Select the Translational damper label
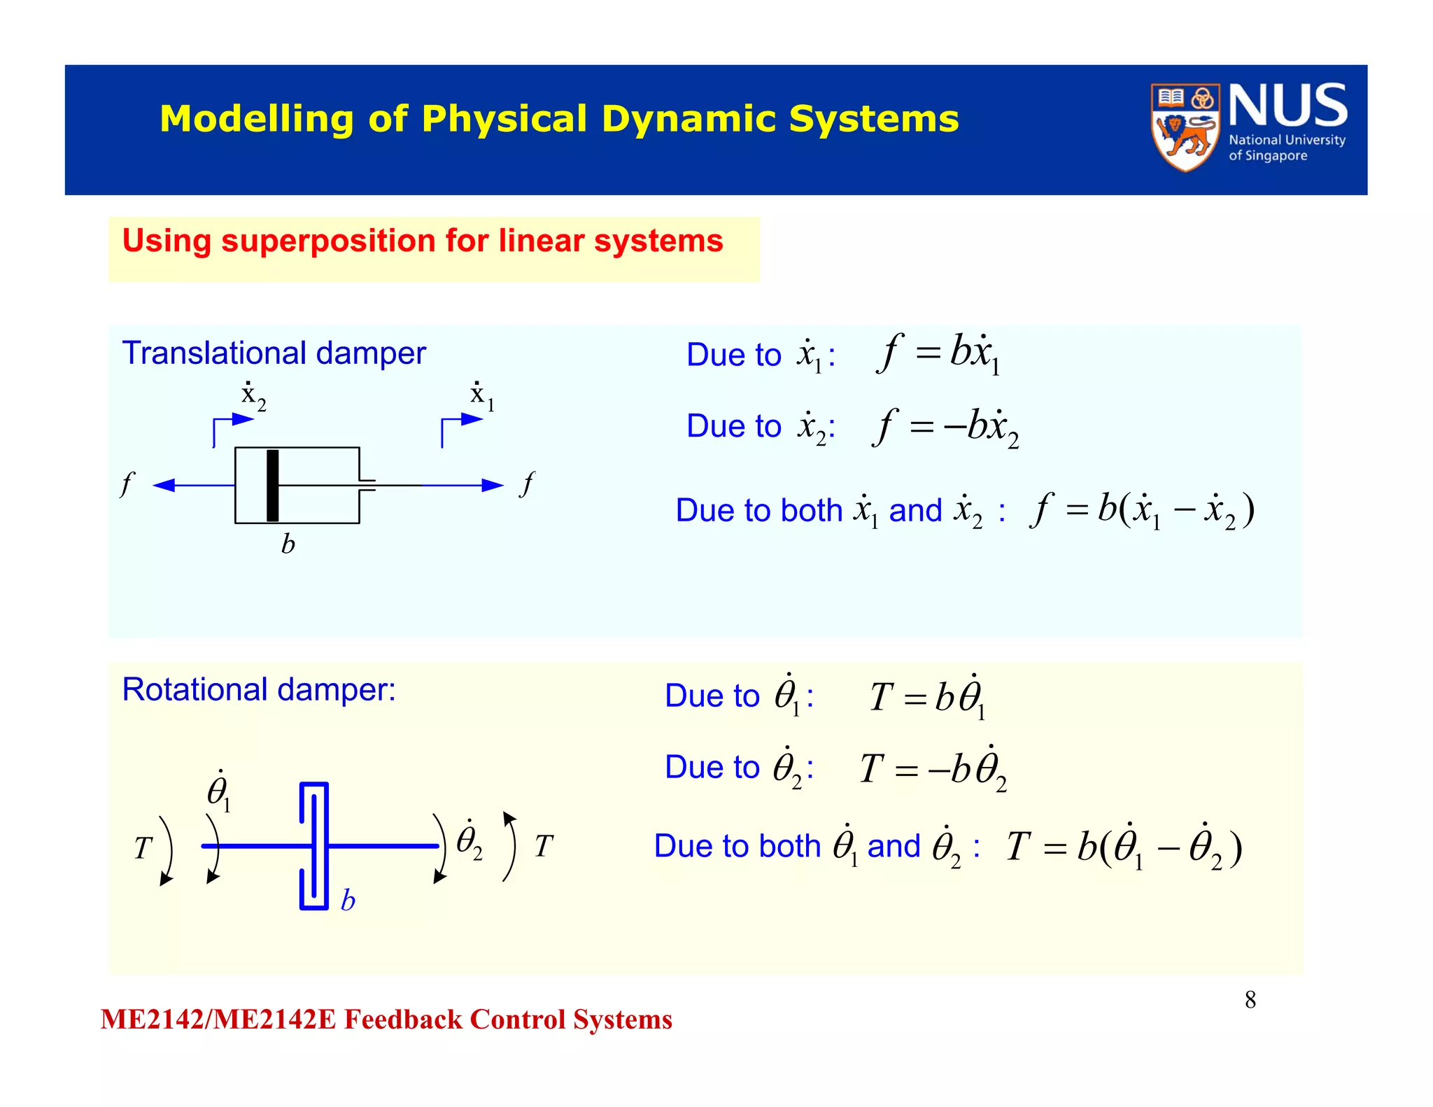(274, 353)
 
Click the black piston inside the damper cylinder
(273, 485)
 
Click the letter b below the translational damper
(288, 544)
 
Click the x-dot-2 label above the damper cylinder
(253, 397)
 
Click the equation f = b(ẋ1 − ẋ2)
(1142, 509)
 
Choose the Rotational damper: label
(259, 690)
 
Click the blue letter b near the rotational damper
(348, 901)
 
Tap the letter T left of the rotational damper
(143, 848)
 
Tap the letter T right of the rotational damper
(544, 846)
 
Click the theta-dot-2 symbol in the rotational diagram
(469, 841)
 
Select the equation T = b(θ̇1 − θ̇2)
(1124, 847)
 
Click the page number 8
(1250, 1000)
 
